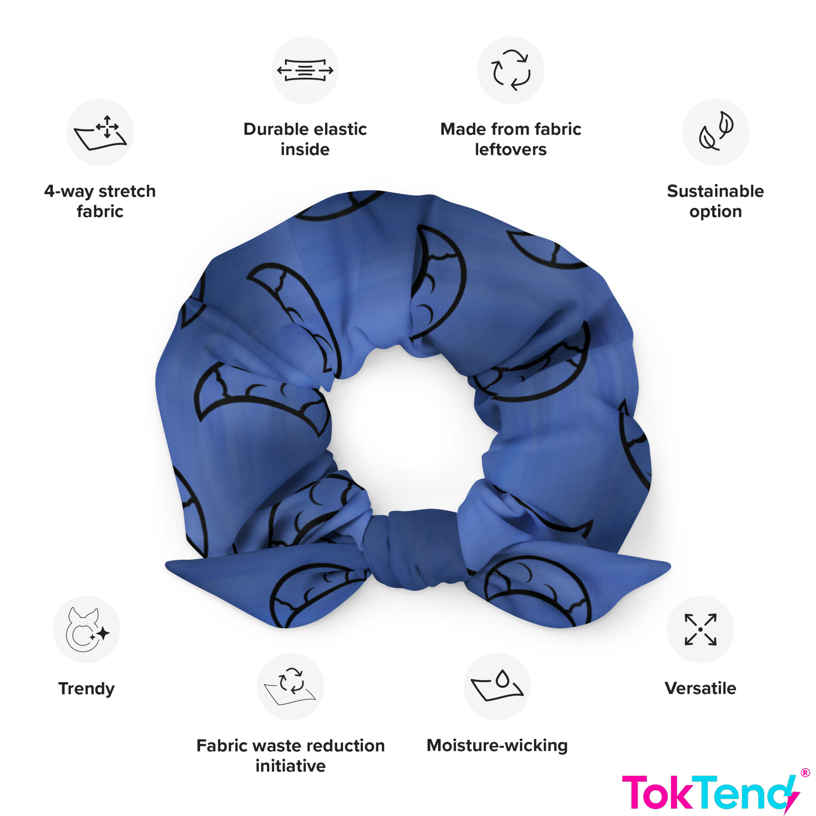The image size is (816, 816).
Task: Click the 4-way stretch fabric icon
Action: (x=100, y=132)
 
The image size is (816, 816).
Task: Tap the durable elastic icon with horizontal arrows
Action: (x=305, y=70)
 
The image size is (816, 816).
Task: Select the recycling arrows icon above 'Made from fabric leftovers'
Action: (x=511, y=70)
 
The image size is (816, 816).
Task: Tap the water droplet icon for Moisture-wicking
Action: (x=497, y=686)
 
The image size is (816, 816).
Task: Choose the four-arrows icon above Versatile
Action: (x=700, y=629)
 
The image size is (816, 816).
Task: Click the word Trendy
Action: (x=86, y=689)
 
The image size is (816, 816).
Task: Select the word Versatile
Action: (x=700, y=688)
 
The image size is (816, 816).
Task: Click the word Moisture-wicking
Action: (x=497, y=746)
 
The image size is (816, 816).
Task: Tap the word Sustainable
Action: (x=716, y=191)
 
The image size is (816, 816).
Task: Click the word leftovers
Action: (x=511, y=149)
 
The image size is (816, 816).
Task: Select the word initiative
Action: (x=290, y=766)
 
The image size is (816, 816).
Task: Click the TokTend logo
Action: (x=711, y=793)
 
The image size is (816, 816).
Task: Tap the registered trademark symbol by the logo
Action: (x=805, y=773)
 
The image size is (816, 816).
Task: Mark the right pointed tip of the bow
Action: (x=670, y=565)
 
